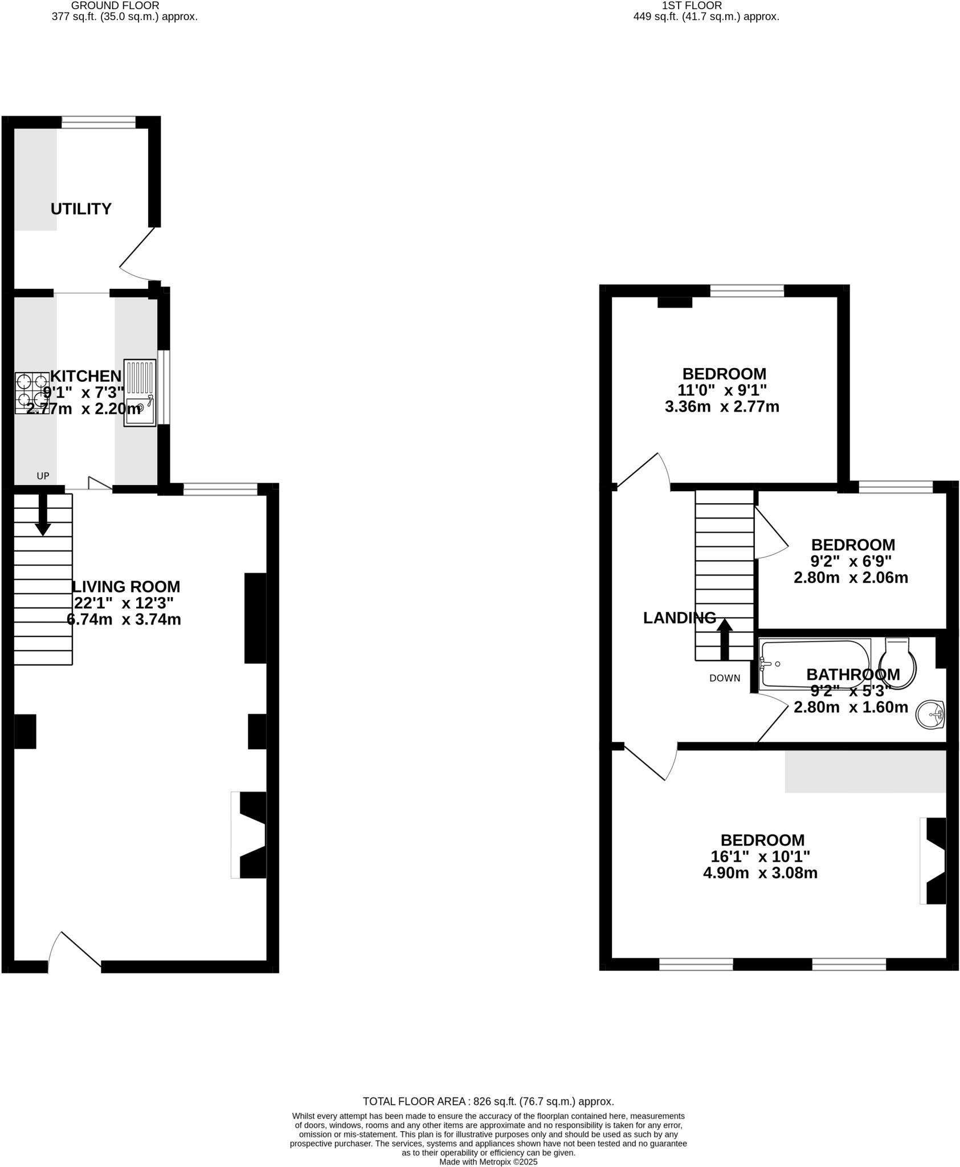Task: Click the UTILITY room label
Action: (81, 209)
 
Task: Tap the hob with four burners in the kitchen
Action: (32, 393)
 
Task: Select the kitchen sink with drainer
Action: (140, 393)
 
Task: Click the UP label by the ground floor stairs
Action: (43, 476)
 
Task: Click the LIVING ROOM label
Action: (125, 587)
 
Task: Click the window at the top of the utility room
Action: (99, 122)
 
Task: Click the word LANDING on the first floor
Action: (679, 618)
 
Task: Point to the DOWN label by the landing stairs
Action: (725, 678)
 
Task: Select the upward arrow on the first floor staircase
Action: (725, 639)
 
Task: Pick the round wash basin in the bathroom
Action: (930, 714)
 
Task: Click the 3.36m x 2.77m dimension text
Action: (722, 407)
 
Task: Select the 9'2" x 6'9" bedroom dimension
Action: (851, 561)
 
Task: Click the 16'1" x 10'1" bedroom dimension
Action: (760, 856)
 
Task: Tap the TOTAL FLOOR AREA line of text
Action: (488, 1101)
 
